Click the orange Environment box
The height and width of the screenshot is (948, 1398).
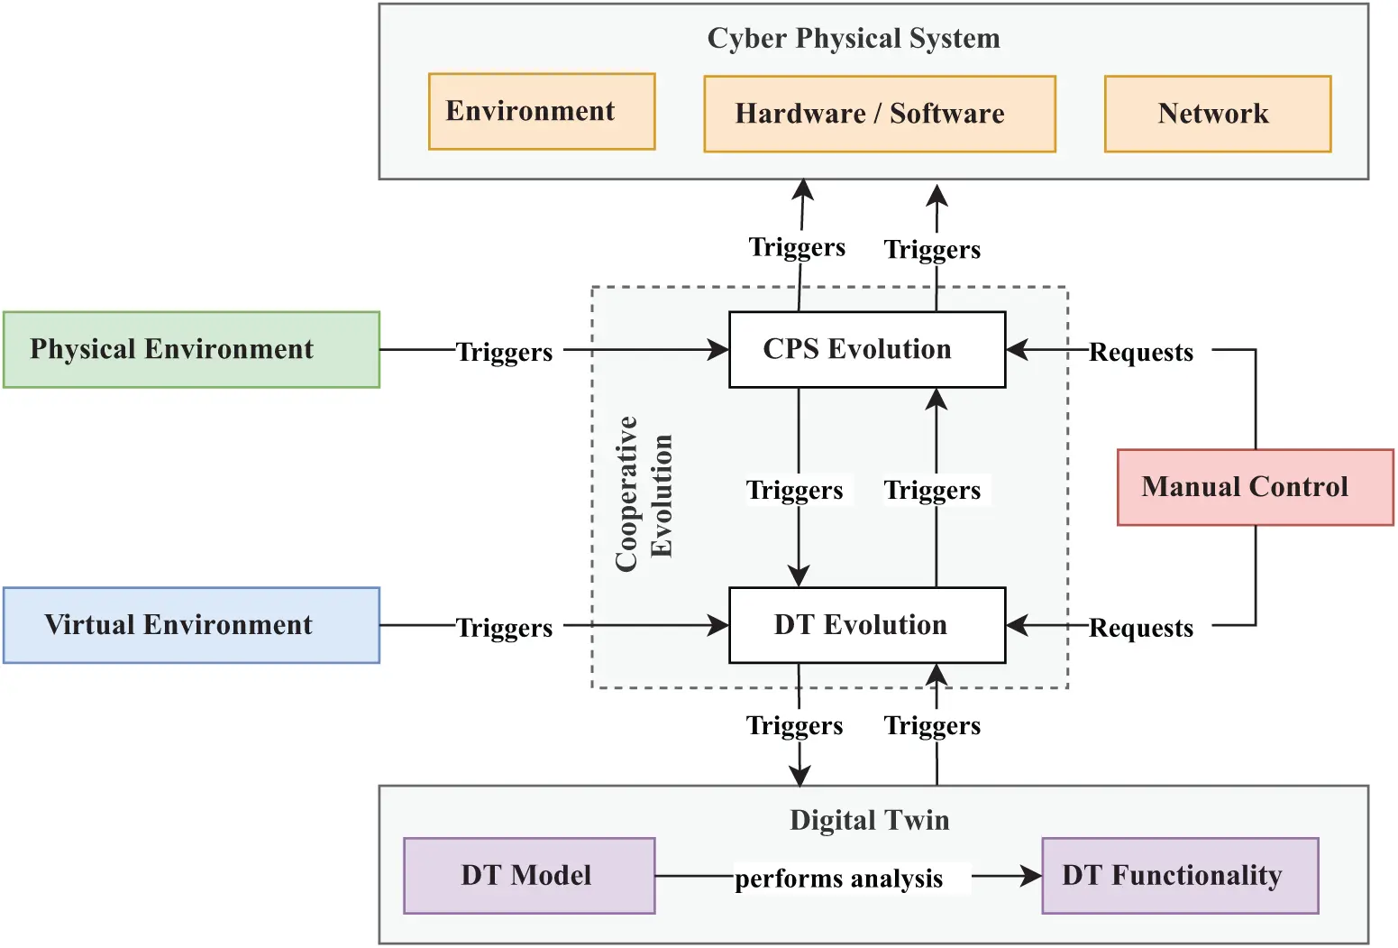[541, 111]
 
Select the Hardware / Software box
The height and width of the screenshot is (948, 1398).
[879, 114]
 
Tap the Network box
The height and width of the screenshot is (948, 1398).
[1217, 114]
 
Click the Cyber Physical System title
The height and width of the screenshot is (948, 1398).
[853, 38]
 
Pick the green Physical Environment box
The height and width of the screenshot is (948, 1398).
[191, 350]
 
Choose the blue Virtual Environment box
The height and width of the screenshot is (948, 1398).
[191, 625]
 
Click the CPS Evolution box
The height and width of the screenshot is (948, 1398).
[866, 350]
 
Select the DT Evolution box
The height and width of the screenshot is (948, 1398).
[866, 625]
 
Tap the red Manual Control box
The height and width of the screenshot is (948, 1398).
[1255, 487]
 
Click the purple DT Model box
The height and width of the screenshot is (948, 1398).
[529, 876]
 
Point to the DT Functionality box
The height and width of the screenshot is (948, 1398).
[1179, 876]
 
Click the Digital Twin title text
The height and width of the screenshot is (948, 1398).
[869, 820]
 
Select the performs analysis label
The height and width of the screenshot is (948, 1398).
[838, 879]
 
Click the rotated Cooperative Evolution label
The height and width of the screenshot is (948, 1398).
[644, 492]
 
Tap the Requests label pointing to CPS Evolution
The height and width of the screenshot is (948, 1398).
[1140, 352]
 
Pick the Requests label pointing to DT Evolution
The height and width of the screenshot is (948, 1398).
[1140, 628]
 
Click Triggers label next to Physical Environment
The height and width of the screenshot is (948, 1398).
[504, 352]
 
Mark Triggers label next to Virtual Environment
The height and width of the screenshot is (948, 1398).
[504, 628]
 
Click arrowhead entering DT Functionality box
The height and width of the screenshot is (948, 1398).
[1032, 876]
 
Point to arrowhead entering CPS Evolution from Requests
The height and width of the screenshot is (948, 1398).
[1016, 350]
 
